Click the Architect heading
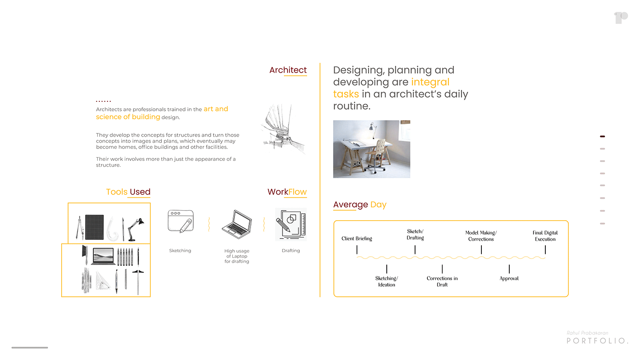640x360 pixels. (x=288, y=70)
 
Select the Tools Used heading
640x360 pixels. (x=128, y=192)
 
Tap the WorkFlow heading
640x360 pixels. (x=287, y=192)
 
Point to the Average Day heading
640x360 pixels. (x=359, y=205)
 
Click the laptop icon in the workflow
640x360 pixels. (x=237, y=224)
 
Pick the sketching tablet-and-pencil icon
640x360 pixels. (x=181, y=221)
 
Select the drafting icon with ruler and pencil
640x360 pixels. (x=291, y=224)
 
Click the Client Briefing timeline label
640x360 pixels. (x=357, y=238)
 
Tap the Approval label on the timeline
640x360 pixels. (x=509, y=278)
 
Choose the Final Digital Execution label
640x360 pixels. (x=545, y=236)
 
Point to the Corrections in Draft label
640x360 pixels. (x=442, y=281)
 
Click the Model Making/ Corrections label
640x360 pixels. (x=481, y=236)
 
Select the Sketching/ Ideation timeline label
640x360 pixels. (x=386, y=281)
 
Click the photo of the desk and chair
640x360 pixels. (x=371, y=149)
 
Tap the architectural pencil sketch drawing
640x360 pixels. (x=283, y=129)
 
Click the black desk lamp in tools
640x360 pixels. (x=136, y=228)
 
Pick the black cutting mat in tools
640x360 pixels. (x=94, y=227)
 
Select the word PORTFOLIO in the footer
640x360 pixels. (x=597, y=341)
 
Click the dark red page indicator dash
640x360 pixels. (x=602, y=136)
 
